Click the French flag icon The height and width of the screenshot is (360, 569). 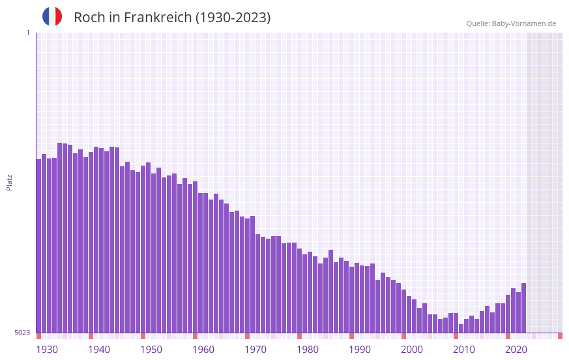(52, 16)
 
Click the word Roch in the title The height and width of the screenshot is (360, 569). (88, 18)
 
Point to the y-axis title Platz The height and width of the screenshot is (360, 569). (9, 182)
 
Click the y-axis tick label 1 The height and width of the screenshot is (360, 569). (27, 33)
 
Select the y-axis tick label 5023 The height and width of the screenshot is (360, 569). (22, 333)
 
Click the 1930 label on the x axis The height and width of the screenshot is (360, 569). (47, 349)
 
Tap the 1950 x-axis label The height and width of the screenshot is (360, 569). (151, 349)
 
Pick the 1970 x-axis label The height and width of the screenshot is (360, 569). (255, 349)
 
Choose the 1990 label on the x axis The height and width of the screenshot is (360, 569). (360, 349)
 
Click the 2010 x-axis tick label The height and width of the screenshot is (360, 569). (464, 349)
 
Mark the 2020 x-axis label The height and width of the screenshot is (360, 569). (516, 349)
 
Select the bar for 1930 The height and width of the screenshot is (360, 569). (39, 248)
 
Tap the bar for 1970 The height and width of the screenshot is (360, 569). (253, 274)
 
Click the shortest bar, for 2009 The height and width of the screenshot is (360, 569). (461, 329)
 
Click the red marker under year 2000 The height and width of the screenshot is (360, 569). (404, 336)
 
